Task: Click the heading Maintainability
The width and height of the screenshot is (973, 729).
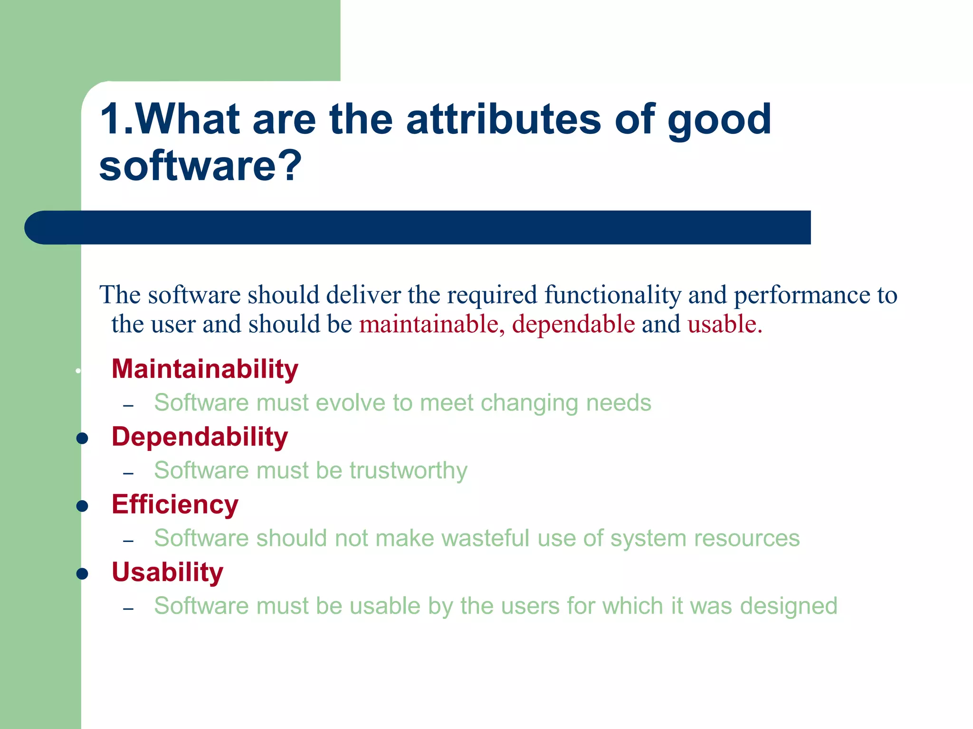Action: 205,369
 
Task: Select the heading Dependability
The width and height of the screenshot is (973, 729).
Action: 200,437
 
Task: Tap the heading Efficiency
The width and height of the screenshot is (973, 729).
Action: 175,505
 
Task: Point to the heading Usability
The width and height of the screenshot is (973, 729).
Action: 167,572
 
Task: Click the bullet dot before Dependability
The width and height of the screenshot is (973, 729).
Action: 82,439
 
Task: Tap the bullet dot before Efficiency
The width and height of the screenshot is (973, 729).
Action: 82,506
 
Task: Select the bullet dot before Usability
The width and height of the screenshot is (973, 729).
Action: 82,574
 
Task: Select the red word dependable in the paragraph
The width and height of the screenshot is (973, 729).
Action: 573,324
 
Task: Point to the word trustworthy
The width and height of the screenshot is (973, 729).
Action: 409,471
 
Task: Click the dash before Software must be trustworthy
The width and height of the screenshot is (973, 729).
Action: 128,473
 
